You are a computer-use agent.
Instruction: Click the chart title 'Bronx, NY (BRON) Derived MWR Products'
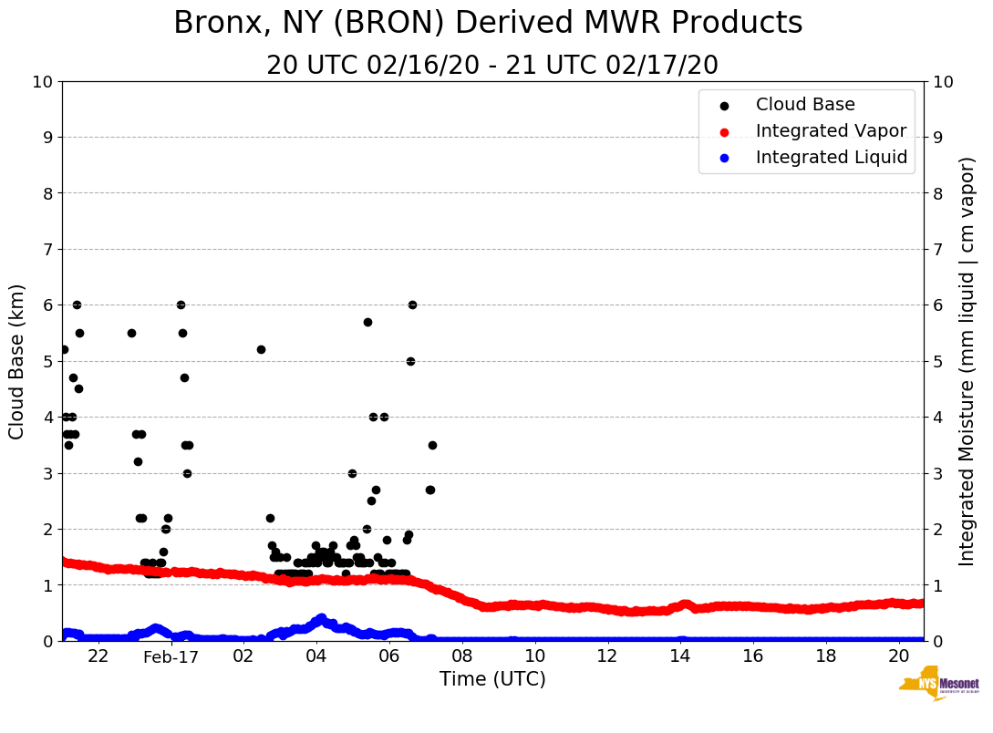pos(488,23)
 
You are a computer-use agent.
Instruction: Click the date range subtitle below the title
pos(492,66)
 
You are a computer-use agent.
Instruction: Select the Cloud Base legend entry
pos(804,105)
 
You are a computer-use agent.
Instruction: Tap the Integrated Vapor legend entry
pos(830,131)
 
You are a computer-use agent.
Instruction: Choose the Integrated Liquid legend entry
pos(831,158)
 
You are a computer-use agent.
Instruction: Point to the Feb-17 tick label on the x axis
pos(171,656)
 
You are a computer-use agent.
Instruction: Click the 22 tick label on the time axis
pos(98,656)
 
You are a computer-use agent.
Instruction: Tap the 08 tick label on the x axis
pos(462,656)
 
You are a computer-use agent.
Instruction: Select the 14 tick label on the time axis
pos(680,656)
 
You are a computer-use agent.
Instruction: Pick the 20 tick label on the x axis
pos(898,656)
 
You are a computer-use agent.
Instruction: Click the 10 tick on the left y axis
pos(43,82)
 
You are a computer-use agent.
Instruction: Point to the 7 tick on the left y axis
pos(47,250)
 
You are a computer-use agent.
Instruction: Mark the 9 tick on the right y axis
pos(936,138)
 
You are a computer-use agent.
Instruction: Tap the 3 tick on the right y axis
pos(936,473)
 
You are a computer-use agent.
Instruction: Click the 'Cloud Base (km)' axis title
pos(17,361)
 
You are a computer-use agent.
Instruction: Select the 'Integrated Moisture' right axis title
pos(967,361)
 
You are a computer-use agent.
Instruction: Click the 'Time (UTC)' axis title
pos(492,679)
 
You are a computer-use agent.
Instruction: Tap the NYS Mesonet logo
pos(938,686)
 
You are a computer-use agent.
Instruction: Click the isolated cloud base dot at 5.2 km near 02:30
pos(261,349)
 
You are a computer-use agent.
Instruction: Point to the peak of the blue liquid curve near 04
pos(321,618)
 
